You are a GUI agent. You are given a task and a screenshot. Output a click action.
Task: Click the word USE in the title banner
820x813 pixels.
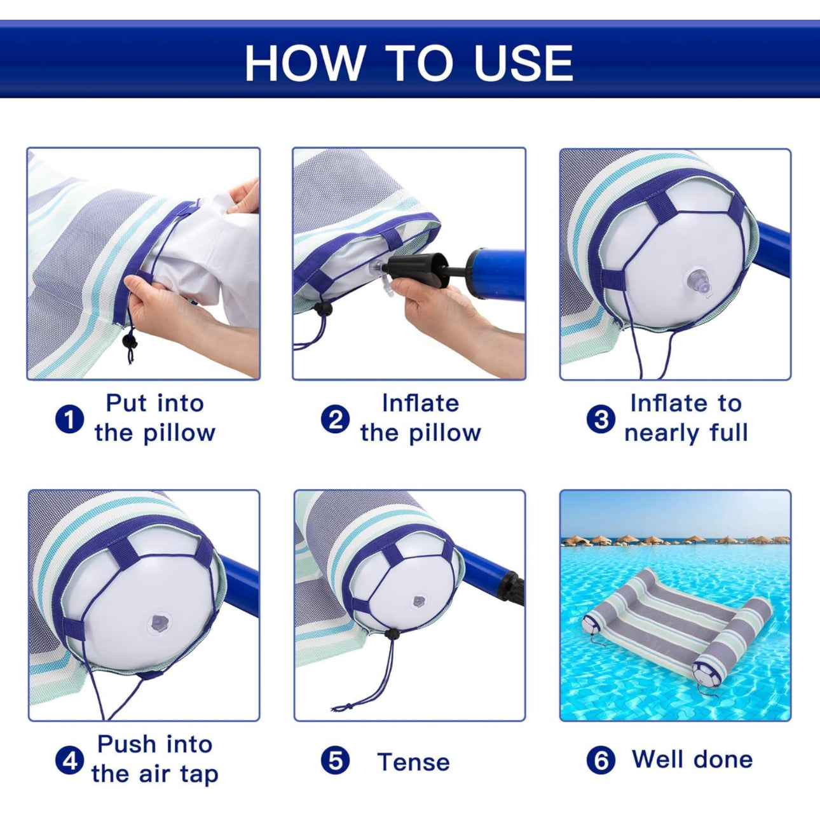[x=523, y=62]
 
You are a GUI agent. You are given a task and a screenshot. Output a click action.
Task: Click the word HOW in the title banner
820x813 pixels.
[x=304, y=62]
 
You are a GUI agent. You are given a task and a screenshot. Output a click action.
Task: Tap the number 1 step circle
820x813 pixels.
[x=69, y=419]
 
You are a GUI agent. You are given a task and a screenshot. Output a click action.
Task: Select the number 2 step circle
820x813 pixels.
[x=336, y=419]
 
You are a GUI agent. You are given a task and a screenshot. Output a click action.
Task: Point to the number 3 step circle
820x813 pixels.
[x=601, y=419]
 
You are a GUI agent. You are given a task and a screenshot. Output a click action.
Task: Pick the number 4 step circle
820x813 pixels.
[x=69, y=760]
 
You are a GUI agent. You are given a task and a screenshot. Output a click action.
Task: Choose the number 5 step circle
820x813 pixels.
[x=336, y=761]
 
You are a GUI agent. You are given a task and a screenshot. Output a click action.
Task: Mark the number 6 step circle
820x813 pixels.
[x=601, y=761]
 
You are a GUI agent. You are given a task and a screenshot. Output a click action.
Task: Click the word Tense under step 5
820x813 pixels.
[x=414, y=762]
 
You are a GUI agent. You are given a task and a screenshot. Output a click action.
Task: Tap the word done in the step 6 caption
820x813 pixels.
[x=723, y=759]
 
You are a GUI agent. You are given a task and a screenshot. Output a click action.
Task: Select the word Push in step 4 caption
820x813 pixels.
[x=126, y=744]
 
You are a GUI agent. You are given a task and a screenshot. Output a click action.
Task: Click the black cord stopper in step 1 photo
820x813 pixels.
[x=130, y=340]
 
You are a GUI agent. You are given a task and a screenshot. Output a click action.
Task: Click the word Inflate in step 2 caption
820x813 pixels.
[x=420, y=403]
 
